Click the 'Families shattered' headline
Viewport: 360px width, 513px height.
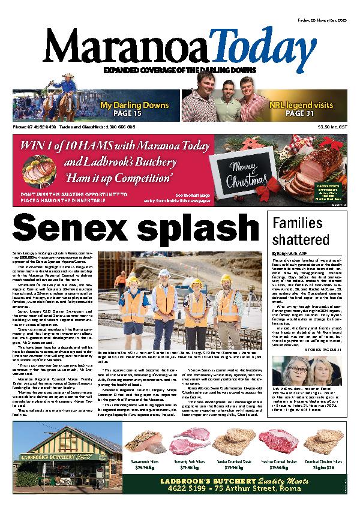(x=300, y=232)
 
